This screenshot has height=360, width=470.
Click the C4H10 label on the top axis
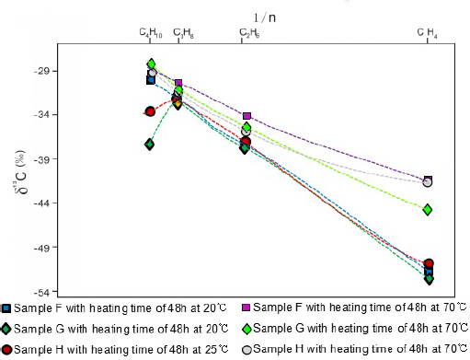coord(151,33)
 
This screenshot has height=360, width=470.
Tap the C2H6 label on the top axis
coord(248,33)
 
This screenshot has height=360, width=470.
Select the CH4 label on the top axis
coord(427,33)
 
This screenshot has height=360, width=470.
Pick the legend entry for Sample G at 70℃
coord(352,329)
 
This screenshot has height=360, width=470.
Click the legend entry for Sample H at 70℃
coord(352,350)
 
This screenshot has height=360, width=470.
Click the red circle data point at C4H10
coord(150,111)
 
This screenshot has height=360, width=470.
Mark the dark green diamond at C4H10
coord(149,145)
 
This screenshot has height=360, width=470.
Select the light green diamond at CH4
coord(428,210)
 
